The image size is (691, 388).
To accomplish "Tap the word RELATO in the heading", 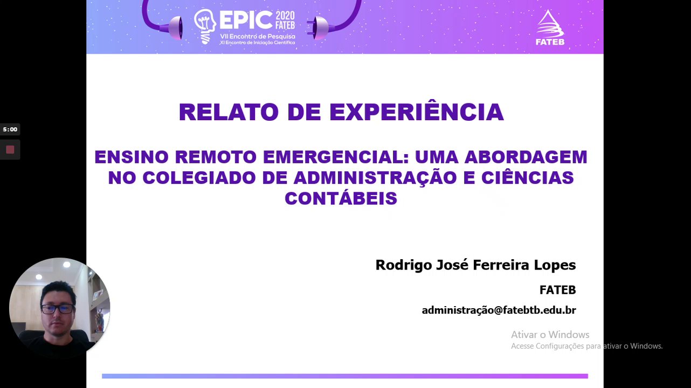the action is pos(229,112).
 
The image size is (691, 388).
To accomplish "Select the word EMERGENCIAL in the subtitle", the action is pos(336,157).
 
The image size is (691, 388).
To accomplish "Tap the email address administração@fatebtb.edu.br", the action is pos(499,310).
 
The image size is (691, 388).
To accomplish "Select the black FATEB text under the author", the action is pos(557,290).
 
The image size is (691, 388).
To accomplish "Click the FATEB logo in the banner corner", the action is pos(550,28).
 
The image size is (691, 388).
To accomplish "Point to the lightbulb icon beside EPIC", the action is pos(205,26).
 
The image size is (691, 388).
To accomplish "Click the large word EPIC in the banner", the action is pos(246,20).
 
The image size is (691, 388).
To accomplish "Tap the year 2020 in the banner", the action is pos(285,16).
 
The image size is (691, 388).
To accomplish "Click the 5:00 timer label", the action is pos(10,129).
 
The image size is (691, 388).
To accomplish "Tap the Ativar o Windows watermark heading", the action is pos(550,334).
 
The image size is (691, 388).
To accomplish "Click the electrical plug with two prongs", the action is pos(317,28).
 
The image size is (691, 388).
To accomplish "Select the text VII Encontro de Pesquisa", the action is pos(257,37).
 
